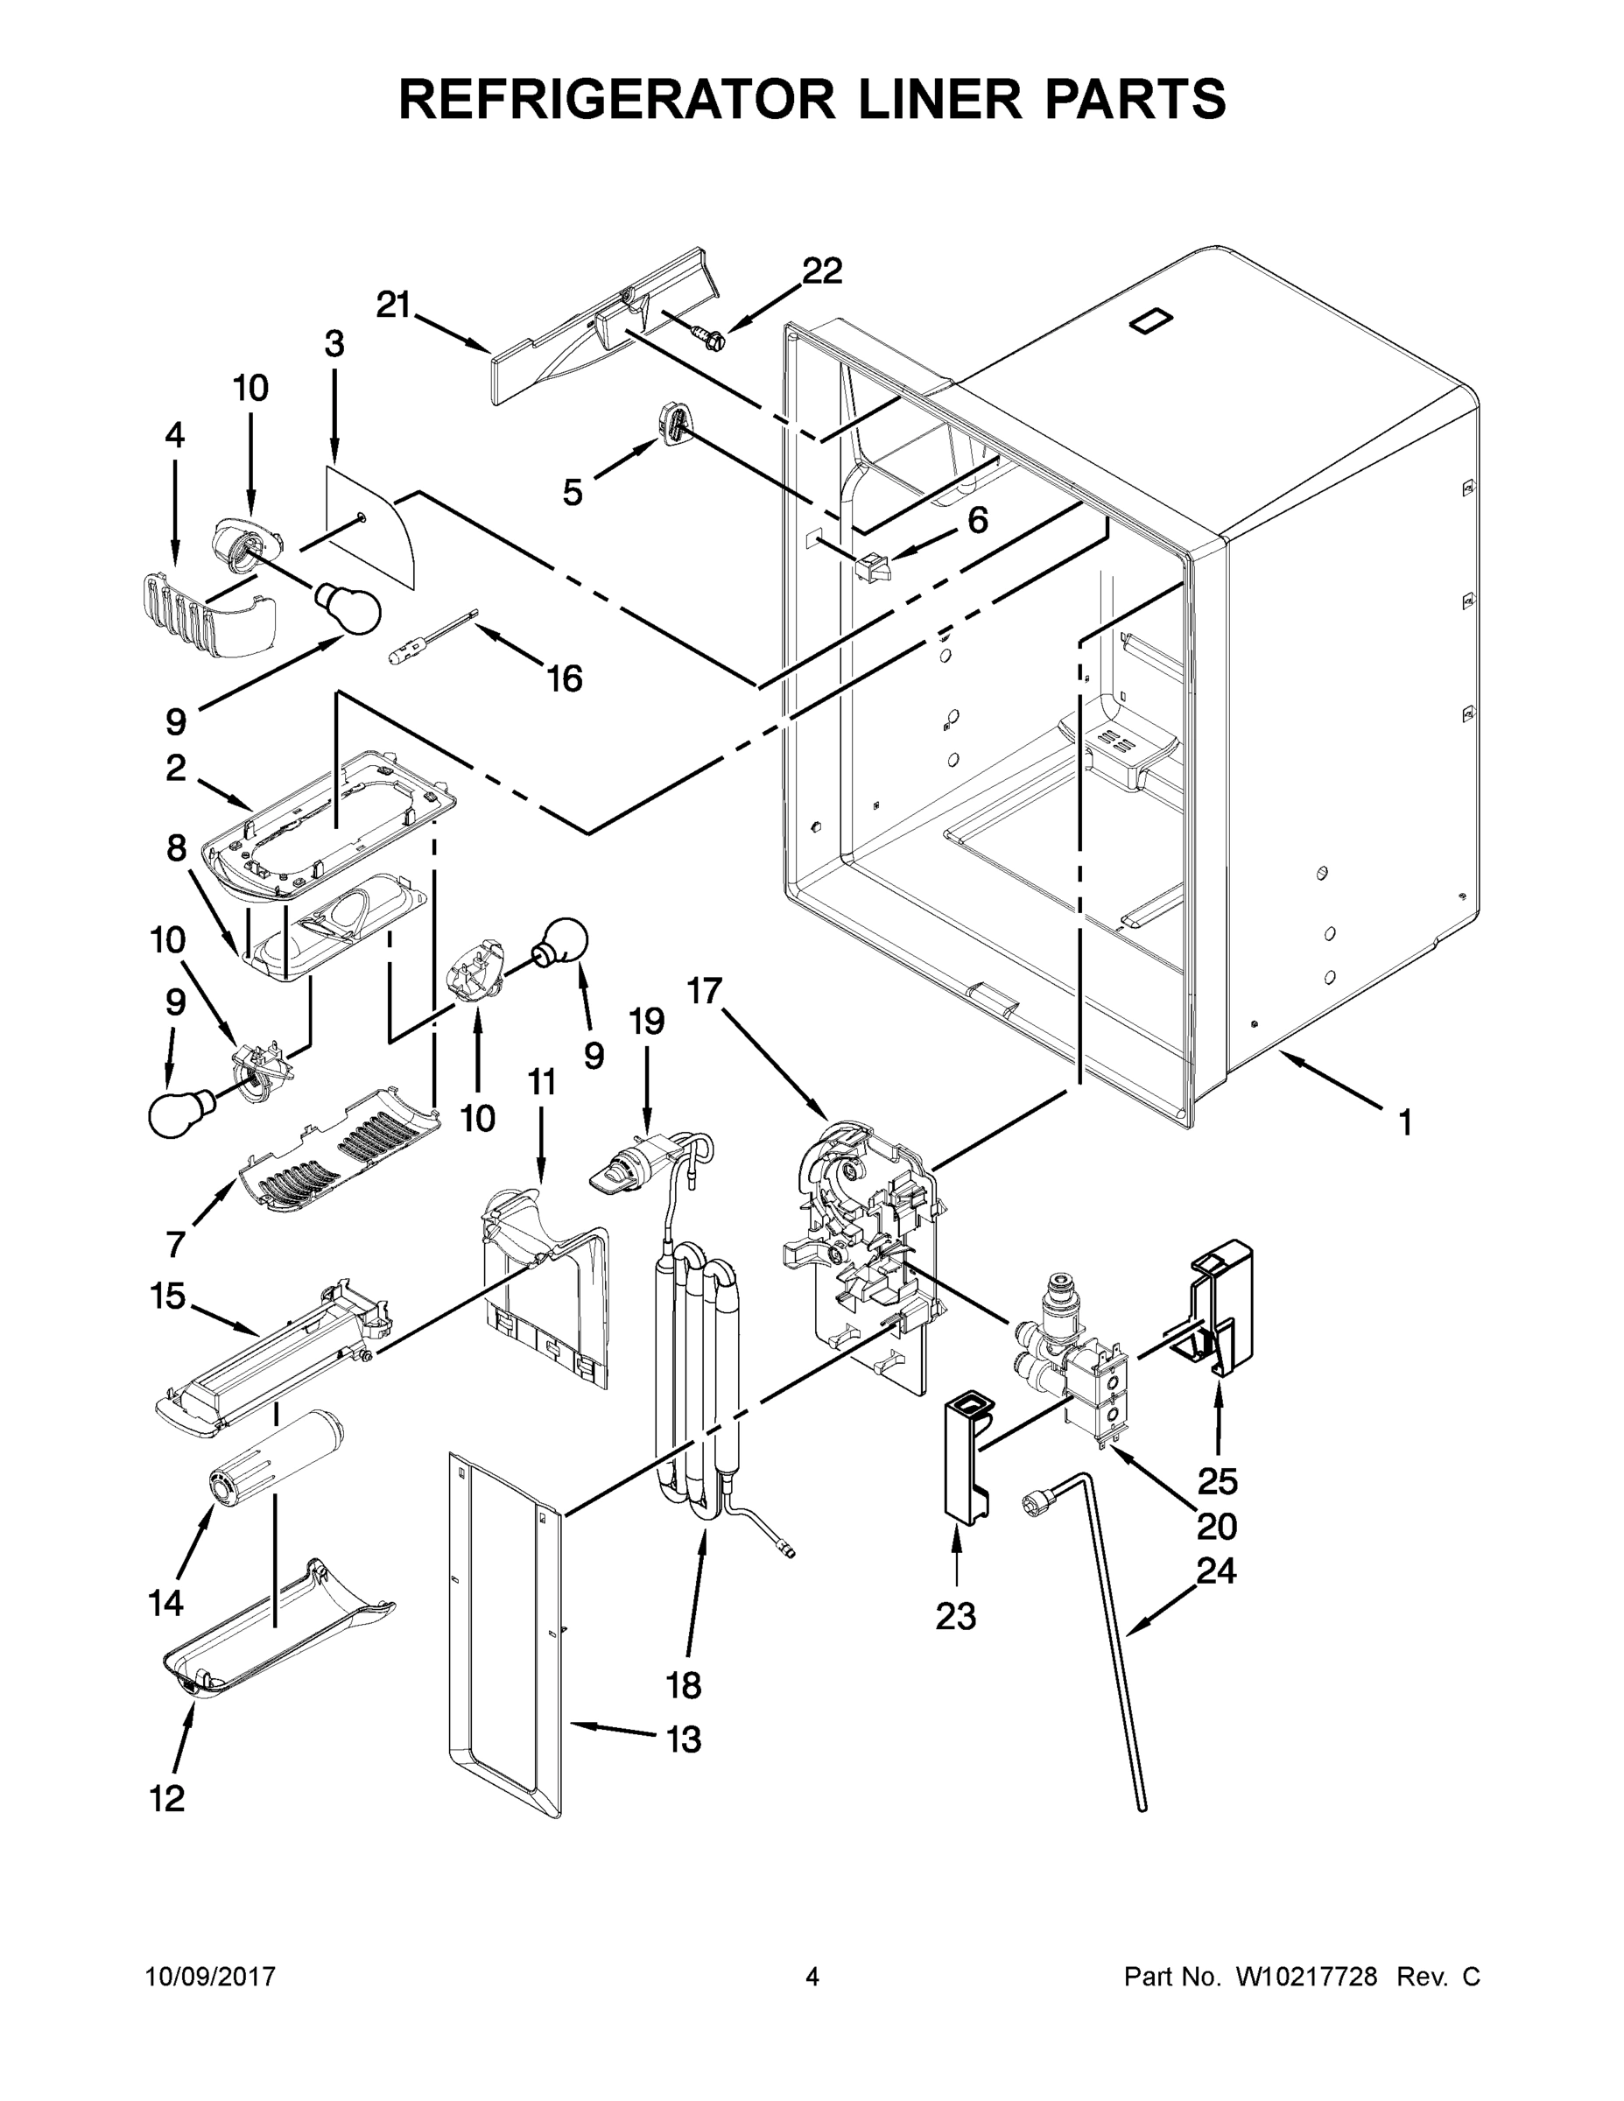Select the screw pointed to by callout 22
tap(710, 334)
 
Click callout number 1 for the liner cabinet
tap(1404, 1121)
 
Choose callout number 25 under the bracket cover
tap(1217, 1481)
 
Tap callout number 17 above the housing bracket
tap(706, 990)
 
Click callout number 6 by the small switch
tap(976, 521)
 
